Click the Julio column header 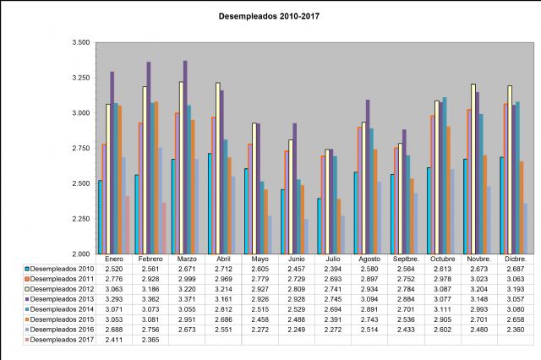332,259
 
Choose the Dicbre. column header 514,259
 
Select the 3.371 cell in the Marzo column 187,298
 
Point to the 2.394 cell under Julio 332,268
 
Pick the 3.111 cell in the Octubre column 441,308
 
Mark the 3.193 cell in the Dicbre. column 514,288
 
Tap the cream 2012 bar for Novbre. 473,168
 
